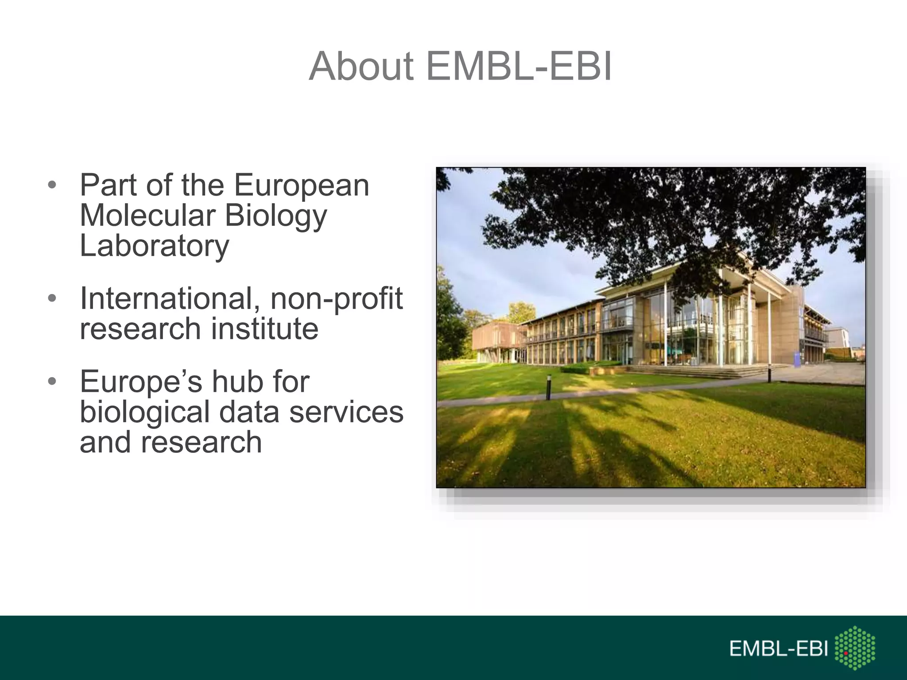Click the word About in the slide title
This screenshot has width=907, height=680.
(x=361, y=66)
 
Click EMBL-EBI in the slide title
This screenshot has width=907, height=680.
(x=519, y=66)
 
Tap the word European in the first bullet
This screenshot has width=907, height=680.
(x=302, y=185)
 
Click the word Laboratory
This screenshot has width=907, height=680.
(x=155, y=246)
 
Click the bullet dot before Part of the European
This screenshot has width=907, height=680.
(x=52, y=185)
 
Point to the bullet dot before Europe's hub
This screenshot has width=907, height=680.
(x=52, y=382)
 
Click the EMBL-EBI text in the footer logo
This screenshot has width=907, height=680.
(x=779, y=649)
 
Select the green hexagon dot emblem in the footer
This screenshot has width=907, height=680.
(x=855, y=648)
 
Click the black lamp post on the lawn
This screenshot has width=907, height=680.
(x=549, y=387)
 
